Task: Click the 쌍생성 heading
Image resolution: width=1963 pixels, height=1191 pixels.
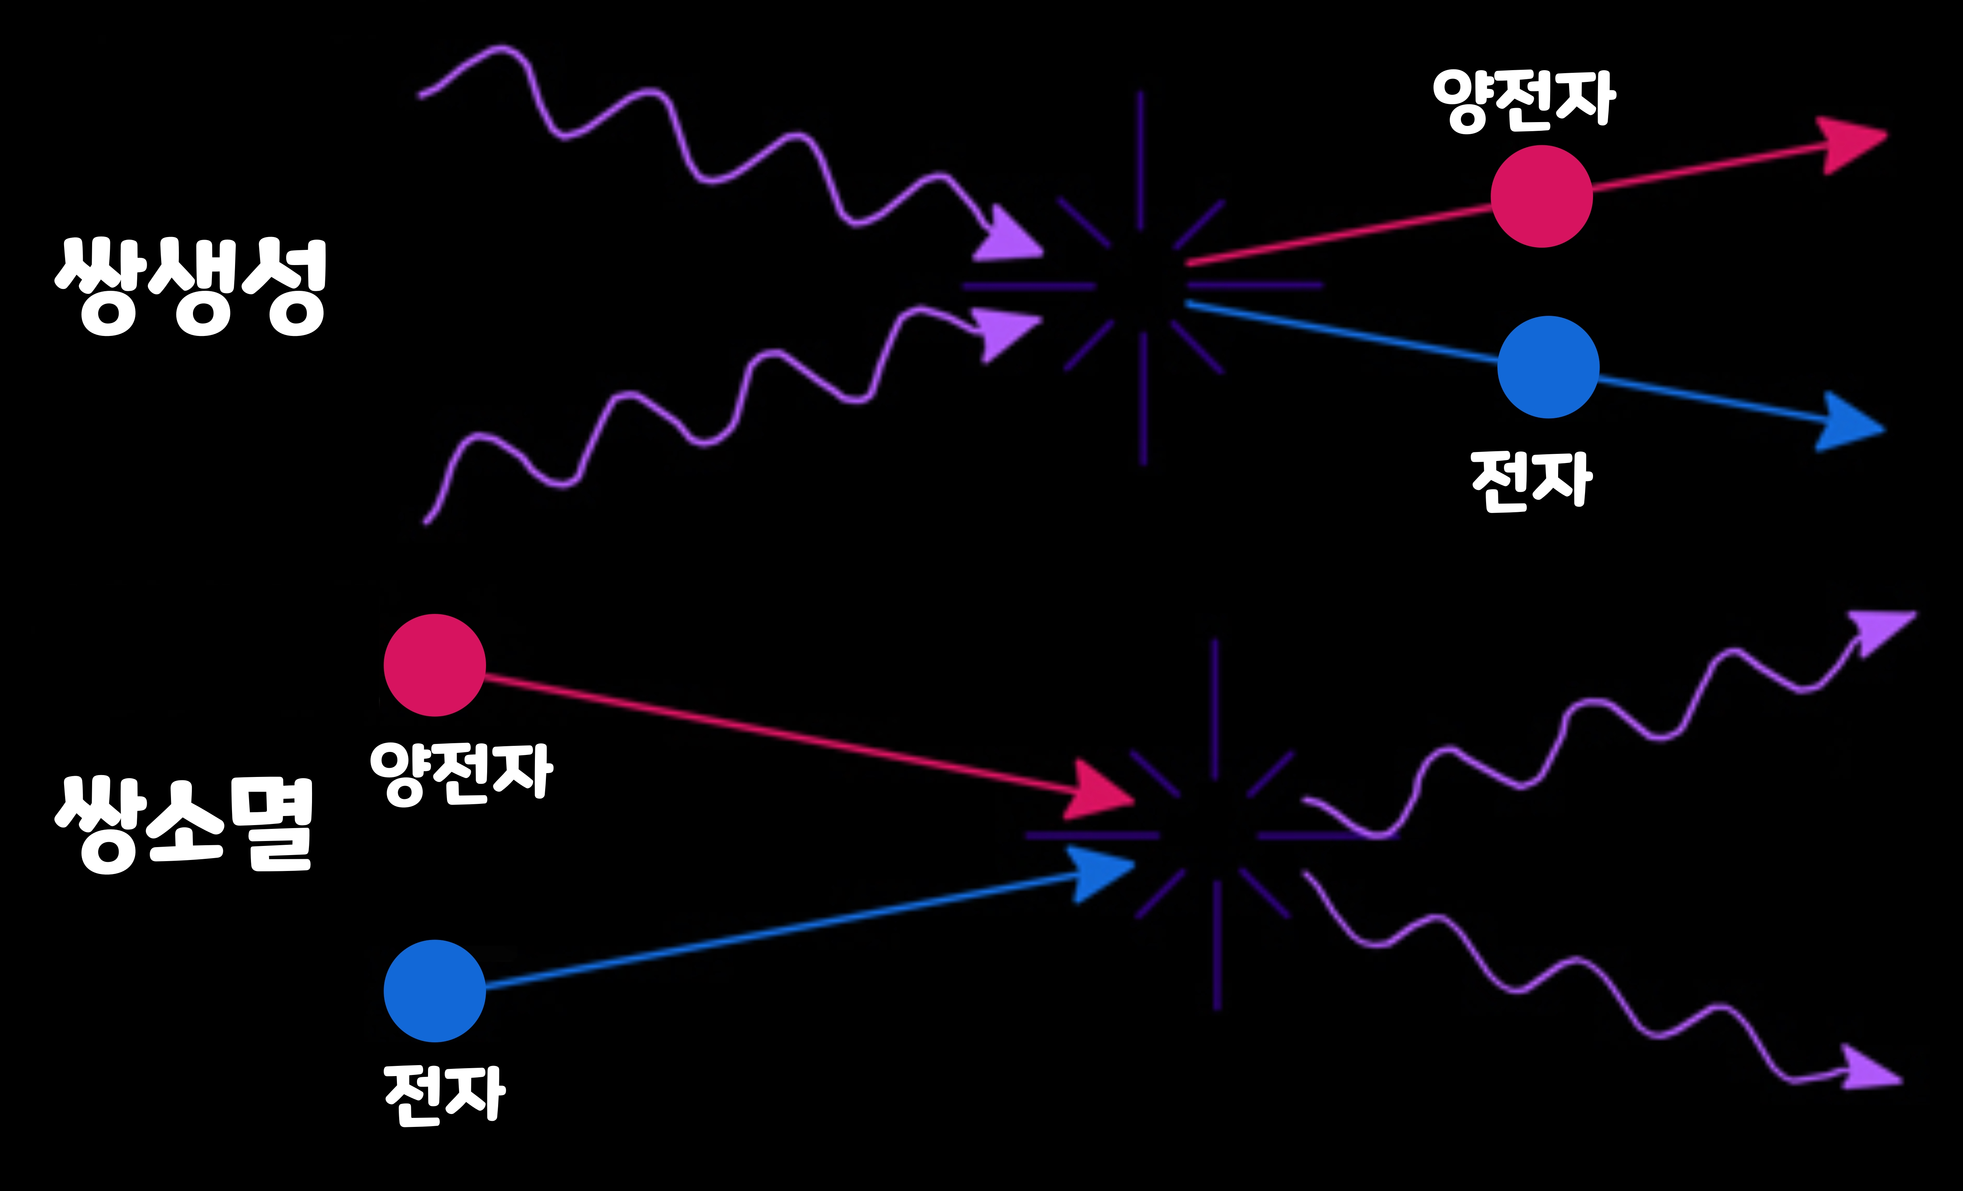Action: (x=191, y=287)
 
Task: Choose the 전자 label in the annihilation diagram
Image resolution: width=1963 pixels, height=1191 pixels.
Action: (x=445, y=1095)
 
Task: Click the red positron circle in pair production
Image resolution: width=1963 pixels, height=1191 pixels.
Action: (x=1541, y=196)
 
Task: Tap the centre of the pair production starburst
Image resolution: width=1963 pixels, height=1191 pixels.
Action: (x=1141, y=284)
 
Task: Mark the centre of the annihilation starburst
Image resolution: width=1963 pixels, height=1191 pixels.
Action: (x=1215, y=835)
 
